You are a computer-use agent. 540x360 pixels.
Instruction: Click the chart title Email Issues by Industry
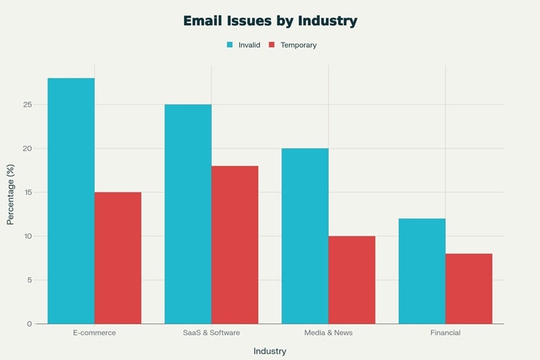click(270, 21)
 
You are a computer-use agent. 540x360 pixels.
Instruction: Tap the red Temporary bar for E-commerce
click(118, 258)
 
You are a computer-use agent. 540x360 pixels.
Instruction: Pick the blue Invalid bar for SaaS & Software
click(188, 214)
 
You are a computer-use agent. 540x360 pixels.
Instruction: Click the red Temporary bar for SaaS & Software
click(235, 245)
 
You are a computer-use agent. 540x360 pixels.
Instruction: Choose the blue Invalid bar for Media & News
click(305, 236)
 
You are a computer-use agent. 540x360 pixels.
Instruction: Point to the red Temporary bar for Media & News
click(351, 280)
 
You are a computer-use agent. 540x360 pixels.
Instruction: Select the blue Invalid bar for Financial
click(422, 271)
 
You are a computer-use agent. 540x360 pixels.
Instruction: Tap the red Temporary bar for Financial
click(468, 288)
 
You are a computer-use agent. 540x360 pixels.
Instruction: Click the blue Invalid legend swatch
click(230, 45)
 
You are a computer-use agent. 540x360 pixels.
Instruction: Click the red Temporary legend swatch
click(272, 45)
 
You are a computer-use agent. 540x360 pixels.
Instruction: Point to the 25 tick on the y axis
click(28, 105)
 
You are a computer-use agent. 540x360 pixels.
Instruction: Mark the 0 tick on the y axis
click(30, 324)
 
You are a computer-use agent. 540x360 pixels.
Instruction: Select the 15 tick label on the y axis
click(28, 192)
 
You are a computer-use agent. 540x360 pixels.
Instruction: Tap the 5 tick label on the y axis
click(30, 280)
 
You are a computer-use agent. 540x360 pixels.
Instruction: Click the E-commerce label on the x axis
click(94, 333)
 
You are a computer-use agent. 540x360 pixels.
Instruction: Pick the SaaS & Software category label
click(211, 333)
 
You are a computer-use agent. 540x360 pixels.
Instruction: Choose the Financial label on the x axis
click(445, 333)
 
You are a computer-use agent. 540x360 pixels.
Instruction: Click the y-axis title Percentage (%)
click(10, 194)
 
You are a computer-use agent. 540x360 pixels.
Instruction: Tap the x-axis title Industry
click(270, 351)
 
